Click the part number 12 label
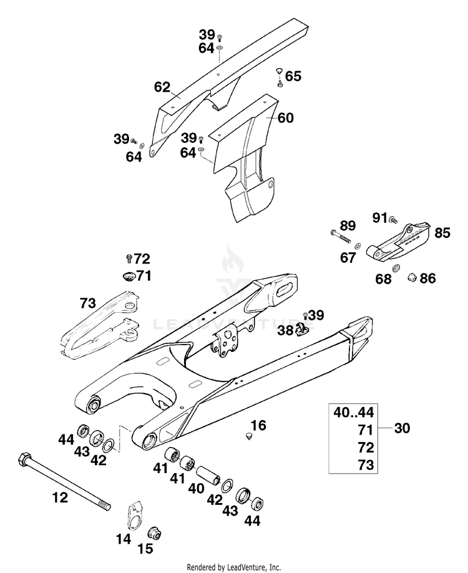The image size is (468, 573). coord(60,497)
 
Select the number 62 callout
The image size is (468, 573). coord(162,87)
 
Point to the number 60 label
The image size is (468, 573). coord(286,118)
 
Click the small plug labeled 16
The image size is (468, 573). coord(250,436)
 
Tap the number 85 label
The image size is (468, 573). coord(442,233)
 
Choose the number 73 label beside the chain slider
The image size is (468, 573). coord(88,303)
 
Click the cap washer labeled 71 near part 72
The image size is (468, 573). coord(129,276)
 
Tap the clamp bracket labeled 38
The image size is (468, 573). coord(302,329)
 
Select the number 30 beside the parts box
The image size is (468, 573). coord(402,428)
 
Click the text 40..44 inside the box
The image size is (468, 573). coord(354,412)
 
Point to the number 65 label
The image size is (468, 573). coord(293,76)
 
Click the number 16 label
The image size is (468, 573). coord(259,425)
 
